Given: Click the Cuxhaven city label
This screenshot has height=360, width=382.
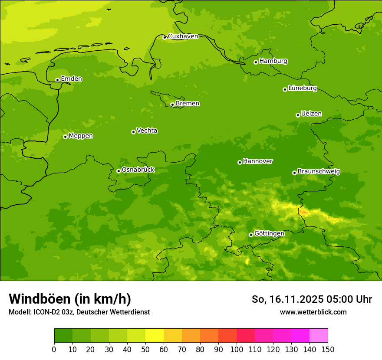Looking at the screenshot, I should (183, 36).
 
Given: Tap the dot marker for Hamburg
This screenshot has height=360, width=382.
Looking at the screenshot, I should (256, 62).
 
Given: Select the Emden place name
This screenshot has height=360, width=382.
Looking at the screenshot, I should (71, 79).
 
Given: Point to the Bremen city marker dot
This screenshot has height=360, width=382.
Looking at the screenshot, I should (172, 105).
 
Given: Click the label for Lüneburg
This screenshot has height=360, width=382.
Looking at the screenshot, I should (303, 88).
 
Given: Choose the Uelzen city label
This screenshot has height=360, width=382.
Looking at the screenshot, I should (311, 114).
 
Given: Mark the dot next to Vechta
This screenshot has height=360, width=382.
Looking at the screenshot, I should (133, 132).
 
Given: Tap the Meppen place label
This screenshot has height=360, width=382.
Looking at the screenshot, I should (81, 136).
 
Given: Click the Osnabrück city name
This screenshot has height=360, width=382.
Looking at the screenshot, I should (138, 170).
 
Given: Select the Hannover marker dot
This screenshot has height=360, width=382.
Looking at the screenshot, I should (240, 162).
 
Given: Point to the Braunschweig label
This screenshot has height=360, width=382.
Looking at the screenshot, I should (319, 172).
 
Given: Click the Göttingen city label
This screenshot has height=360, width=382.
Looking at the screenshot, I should (269, 234).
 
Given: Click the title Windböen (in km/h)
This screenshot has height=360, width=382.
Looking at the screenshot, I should (70, 299).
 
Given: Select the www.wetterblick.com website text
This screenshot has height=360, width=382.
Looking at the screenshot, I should (313, 312).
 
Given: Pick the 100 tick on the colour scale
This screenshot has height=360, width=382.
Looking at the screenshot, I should (237, 349).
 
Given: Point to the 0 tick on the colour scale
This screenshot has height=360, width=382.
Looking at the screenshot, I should (54, 349).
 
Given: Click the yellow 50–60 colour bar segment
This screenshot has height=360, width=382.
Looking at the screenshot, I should (155, 336).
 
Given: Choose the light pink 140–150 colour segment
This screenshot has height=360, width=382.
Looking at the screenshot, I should (319, 336).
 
